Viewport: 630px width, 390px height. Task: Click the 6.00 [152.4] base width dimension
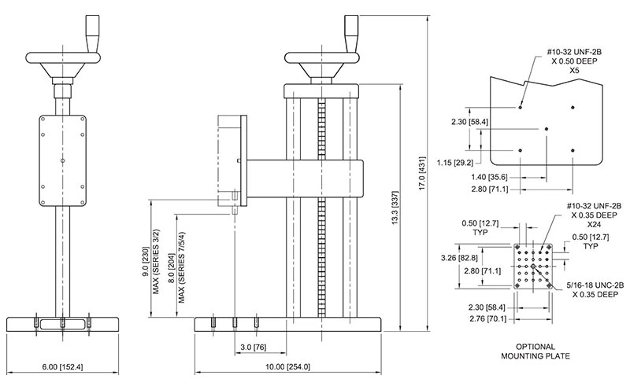(x=63, y=366)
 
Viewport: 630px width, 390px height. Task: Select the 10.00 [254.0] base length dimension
(x=287, y=366)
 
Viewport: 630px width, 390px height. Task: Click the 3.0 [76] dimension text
(x=253, y=347)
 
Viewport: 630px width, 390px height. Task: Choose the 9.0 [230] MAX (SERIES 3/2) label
(x=151, y=261)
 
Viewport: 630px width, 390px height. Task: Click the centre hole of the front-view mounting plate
(x=62, y=161)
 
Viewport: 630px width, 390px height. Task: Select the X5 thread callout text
(x=575, y=71)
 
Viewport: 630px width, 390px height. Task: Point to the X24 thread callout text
(x=595, y=224)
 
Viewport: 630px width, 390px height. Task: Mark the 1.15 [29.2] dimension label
(x=455, y=163)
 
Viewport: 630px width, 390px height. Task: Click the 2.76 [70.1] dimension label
(x=487, y=319)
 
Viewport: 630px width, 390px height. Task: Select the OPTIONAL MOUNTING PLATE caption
(x=535, y=351)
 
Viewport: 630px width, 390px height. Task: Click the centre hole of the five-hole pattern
(x=547, y=129)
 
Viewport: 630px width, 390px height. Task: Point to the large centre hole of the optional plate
(x=533, y=266)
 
